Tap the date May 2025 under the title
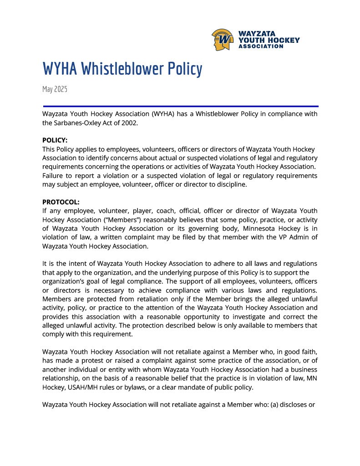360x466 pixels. point(55,89)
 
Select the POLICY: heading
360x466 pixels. point(55,140)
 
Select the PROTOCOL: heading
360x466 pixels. point(61,202)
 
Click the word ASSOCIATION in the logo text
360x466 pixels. point(261,46)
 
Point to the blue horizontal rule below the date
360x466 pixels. point(180,106)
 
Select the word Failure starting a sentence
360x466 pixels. point(54,176)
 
